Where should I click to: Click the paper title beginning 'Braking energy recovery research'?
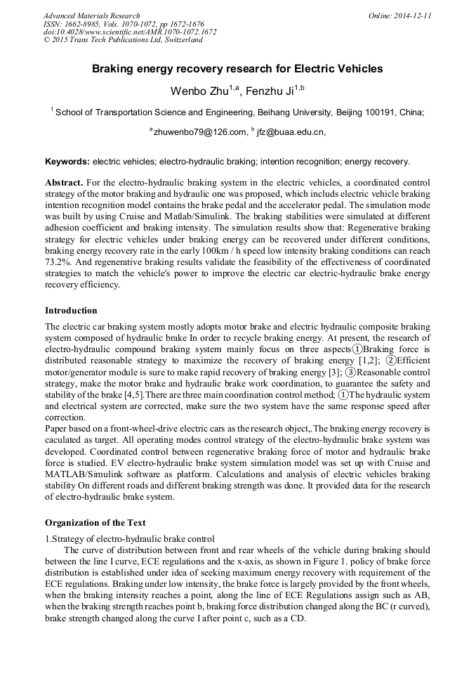coord(237,69)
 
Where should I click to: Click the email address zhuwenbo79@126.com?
coord(200,131)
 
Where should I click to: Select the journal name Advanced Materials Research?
coord(91,15)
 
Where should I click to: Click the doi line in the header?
coord(130,32)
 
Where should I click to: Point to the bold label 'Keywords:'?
coord(67,161)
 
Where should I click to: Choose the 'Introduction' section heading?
coord(71,311)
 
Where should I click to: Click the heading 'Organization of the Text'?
coord(95,522)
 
